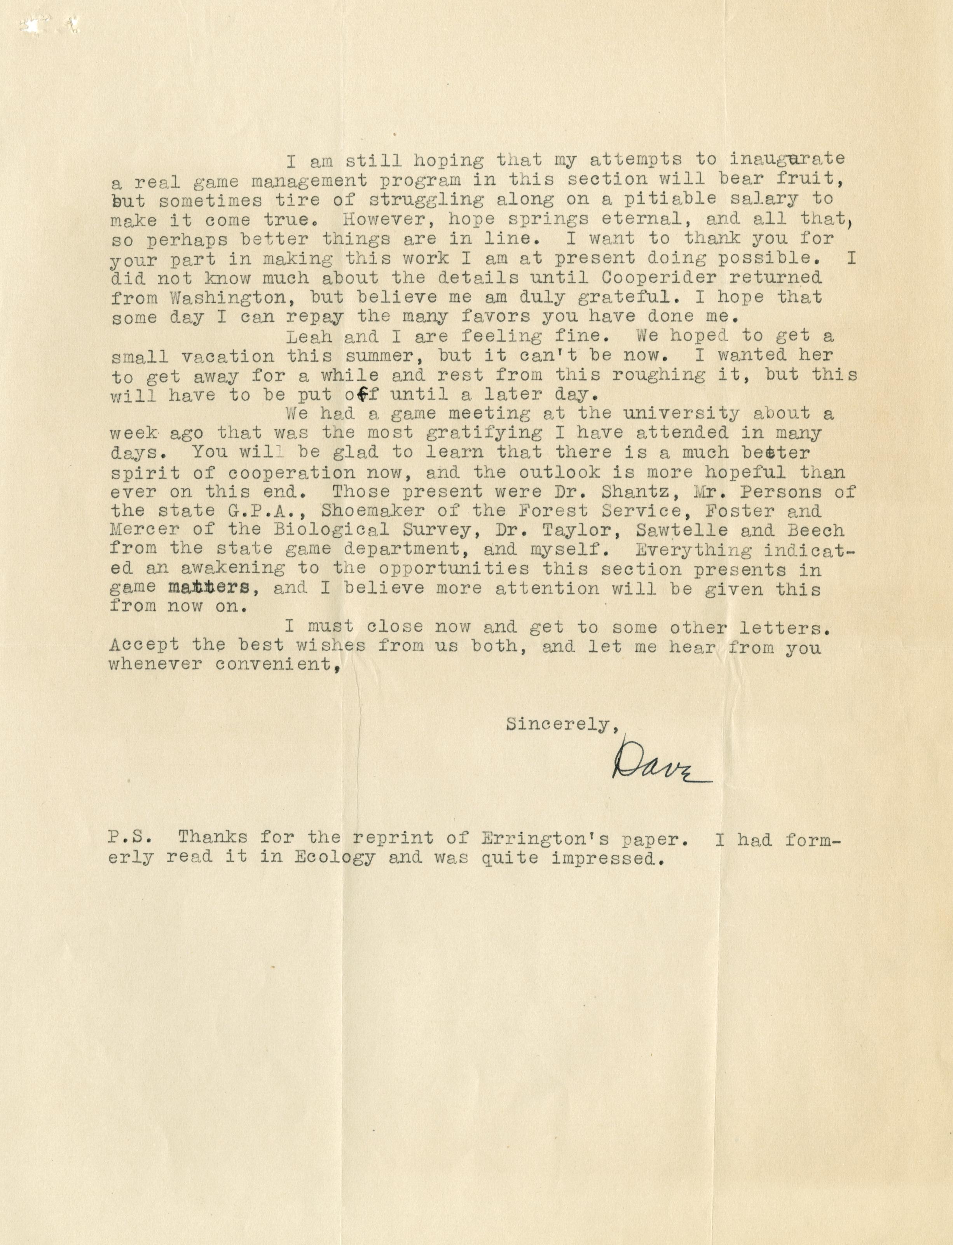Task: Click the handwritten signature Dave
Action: point(660,763)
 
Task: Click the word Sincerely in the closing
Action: point(558,725)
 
